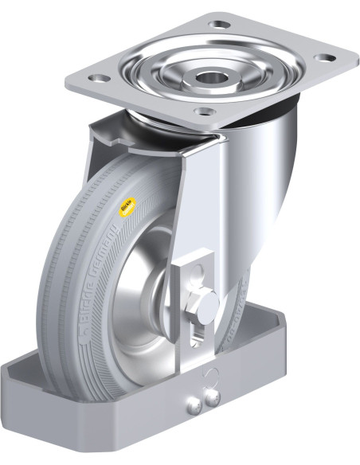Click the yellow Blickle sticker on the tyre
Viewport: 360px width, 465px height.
click(126, 209)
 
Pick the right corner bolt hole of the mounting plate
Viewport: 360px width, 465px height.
click(324, 57)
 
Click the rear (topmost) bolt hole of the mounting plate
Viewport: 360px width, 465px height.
click(217, 24)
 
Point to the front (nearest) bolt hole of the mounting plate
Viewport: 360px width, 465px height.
click(205, 111)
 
